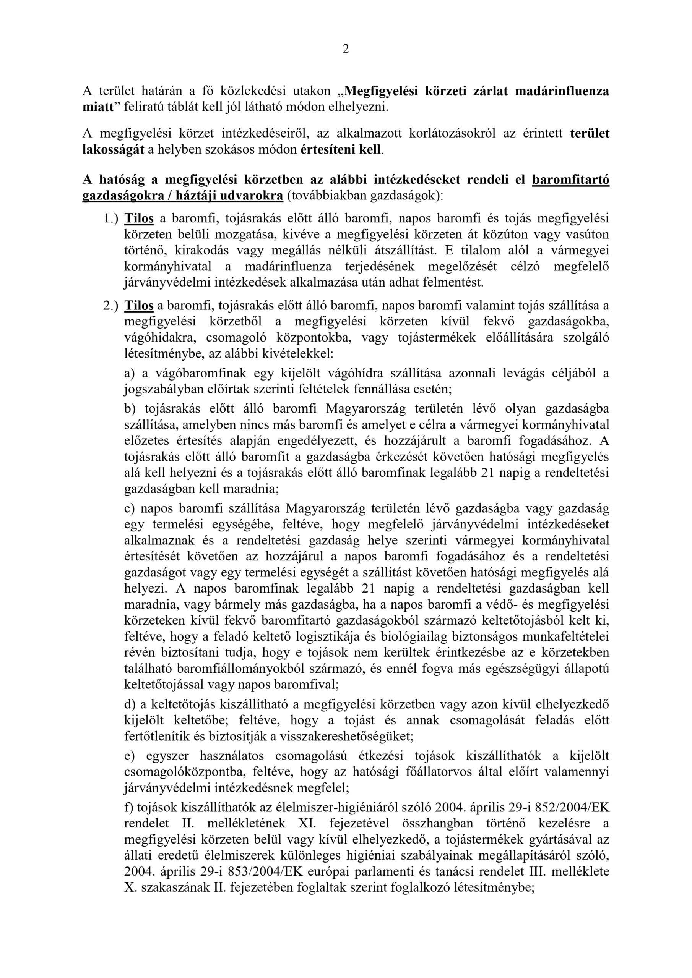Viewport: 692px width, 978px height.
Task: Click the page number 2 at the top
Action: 345,49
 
